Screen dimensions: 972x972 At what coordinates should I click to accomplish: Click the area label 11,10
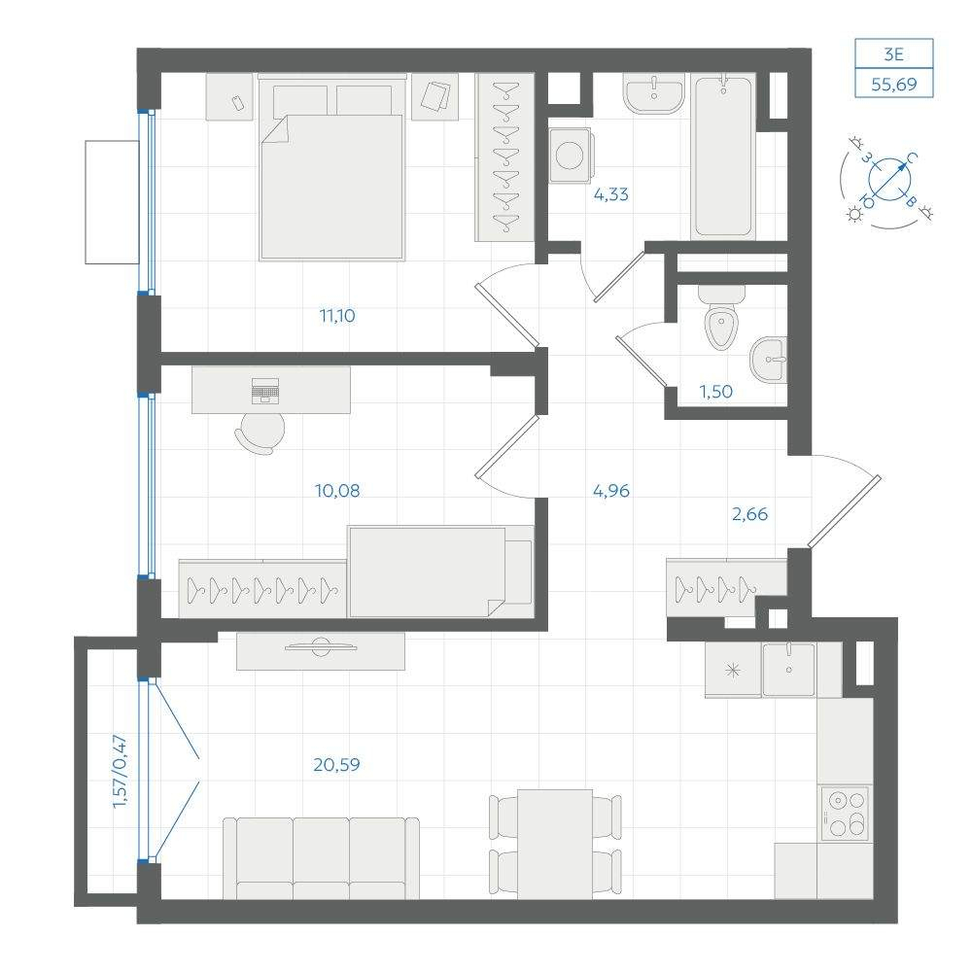[x=337, y=316]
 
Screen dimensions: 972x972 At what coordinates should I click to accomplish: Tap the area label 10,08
[x=337, y=490]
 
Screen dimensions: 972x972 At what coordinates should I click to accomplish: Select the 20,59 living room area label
[x=336, y=764]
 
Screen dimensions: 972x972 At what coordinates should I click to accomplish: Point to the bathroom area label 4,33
[x=611, y=194]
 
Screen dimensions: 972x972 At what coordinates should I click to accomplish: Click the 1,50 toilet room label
[x=716, y=392]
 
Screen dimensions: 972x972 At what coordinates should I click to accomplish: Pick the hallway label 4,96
[x=611, y=490]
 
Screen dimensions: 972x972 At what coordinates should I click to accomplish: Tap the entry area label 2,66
[x=750, y=514]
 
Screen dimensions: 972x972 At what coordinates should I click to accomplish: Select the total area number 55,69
[x=894, y=85]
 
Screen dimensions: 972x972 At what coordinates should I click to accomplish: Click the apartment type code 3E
[x=894, y=54]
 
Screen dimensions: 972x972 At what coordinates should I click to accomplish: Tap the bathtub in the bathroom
[x=723, y=156]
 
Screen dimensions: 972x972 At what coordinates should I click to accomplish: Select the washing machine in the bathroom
[x=570, y=156]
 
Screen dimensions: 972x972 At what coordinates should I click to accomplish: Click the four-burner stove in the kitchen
[x=845, y=813]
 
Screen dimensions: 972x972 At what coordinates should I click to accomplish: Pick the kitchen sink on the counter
[x=788, y=669]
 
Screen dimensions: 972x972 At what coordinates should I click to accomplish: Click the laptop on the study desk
[x=265, y=391]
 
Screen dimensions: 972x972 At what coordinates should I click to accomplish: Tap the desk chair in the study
[x=260, y=433]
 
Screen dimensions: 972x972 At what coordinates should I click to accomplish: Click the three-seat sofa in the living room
[x=321, y=858]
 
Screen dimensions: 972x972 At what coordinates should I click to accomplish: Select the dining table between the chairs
[x=555, y=844]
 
